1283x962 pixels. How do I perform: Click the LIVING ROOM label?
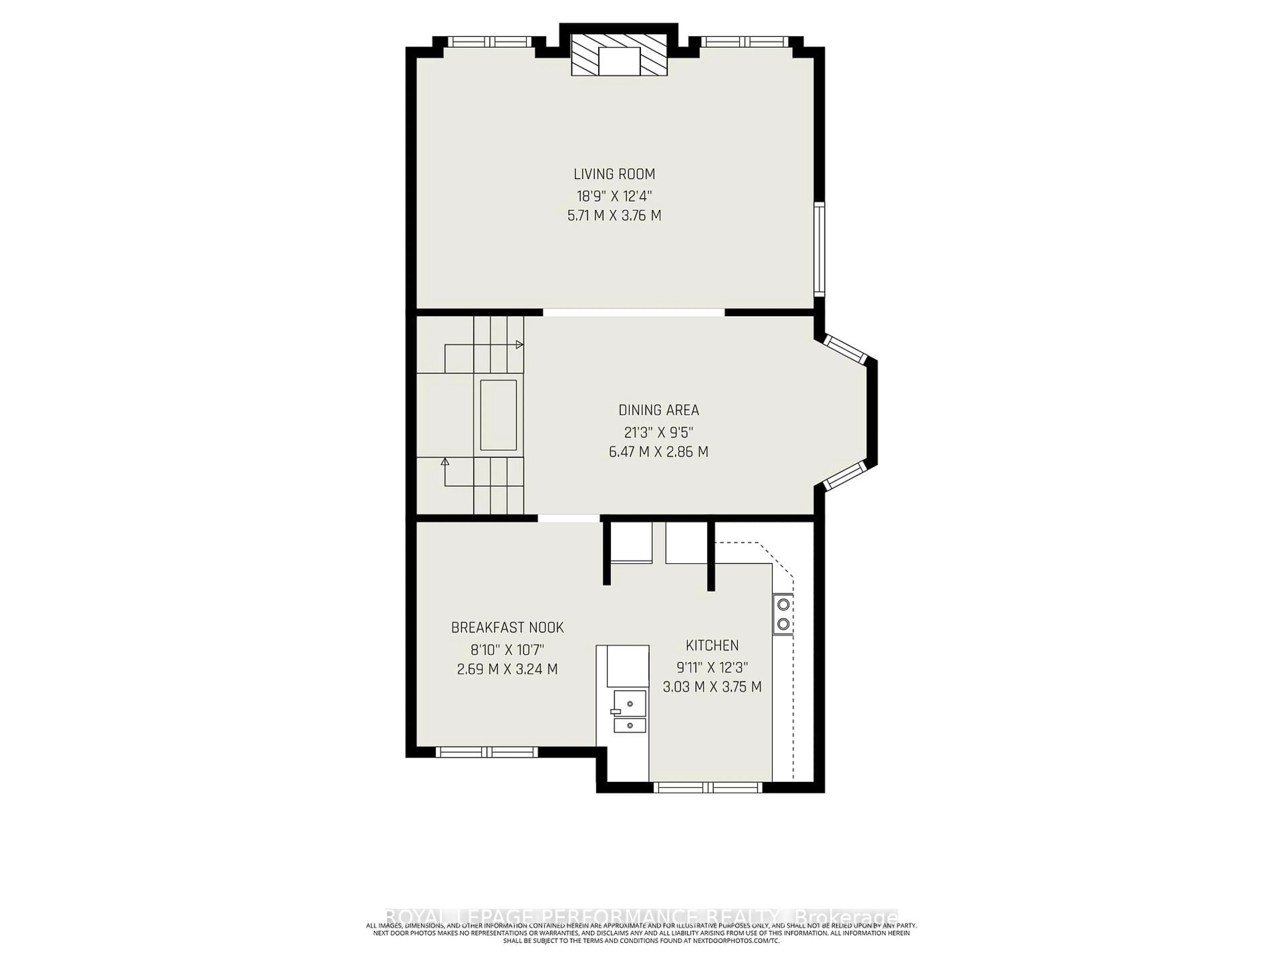click(614, 174)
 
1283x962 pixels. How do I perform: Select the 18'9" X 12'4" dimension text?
click(614, 195)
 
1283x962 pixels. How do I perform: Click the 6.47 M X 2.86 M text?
click(659, 452)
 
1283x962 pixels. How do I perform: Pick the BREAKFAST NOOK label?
click(508, 627)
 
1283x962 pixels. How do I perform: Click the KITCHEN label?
click(712, 645)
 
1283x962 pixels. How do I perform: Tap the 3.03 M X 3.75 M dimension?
click(712, 687)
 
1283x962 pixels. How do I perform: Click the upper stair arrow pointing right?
click(519, 344)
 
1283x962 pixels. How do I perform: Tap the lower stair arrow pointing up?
click(445, 462)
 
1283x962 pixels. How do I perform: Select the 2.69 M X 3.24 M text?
click(508, 669)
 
